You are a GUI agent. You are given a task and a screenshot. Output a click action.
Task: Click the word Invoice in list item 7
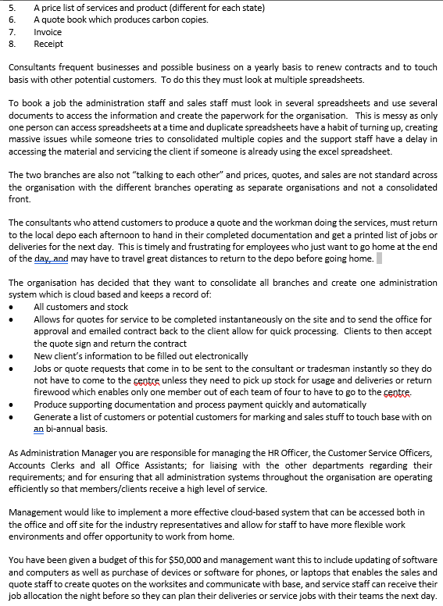click(x=47, y=32)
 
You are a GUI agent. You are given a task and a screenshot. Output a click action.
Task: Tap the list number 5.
click(x=12, y=8)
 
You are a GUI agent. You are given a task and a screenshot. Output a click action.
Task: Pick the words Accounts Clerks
click(x=34, y=465)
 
